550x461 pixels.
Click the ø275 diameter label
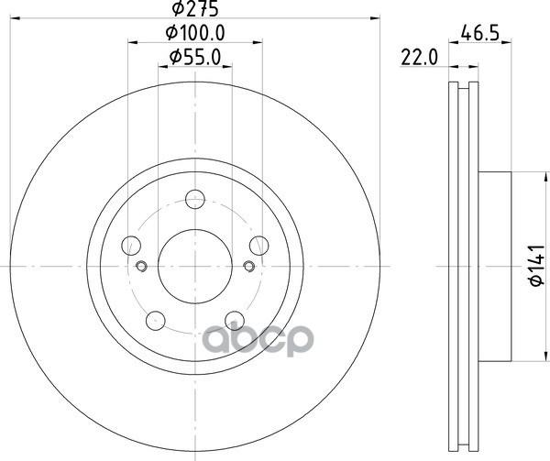coord(195,8)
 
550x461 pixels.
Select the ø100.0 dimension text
coord(195,33)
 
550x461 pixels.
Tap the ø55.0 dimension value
coord(195,57)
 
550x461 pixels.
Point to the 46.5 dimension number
coord(479,33)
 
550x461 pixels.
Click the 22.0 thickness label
coord(420,58)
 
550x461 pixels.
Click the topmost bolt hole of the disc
coord(195,199)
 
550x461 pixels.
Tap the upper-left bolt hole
coord(131,246)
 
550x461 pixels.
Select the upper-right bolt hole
coord(258,246)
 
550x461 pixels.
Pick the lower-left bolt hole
coord(156,320)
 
